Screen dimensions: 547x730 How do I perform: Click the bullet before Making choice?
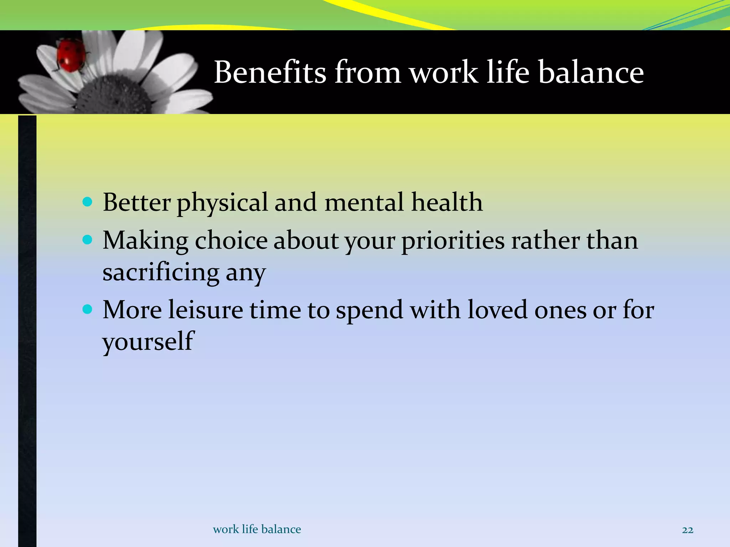tap(87, 240)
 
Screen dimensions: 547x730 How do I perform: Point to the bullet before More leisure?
tap(87, 309)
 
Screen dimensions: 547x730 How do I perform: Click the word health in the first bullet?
tap(447, 202)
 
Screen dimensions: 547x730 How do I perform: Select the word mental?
tap(364, 202)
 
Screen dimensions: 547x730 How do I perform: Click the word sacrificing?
tap(161, 272)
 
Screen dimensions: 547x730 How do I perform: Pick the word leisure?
tap(205, 309)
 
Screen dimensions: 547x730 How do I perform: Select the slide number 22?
tap(687, 530)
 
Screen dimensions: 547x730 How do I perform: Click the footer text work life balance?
tap(257, 529)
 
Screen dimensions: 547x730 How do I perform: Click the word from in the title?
tap(367, 72)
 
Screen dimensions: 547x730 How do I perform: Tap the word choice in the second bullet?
tap(231, 240)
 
